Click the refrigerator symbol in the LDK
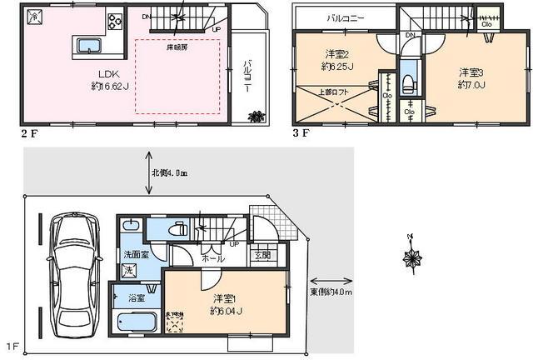(x=34, y=17)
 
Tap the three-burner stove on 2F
(x=113, y=21)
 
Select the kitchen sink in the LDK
(x=89, y=45)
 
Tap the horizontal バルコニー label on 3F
(x=344, y=17)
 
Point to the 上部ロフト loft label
(x=340, y=92)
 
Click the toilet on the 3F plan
(x=407, y=81)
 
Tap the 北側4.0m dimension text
(x=169, y=173)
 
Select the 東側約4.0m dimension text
(x=333, y=292)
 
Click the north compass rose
(x=411, y=259)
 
